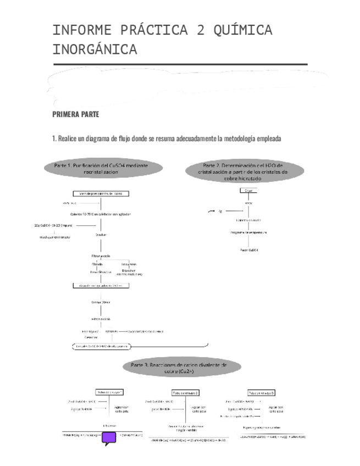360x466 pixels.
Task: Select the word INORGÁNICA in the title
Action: click(x=95, y=50)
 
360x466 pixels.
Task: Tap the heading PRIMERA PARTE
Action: click(x=75, y=115)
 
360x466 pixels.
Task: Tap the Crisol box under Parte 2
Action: click(x=248, y=190)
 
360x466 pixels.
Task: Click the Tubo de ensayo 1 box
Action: click(x=109, y=392)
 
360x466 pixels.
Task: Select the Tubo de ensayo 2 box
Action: click(x=185, y=392)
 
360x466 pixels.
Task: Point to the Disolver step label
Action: click(x=101, y=235)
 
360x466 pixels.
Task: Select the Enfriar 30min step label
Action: click(x=101, y=302)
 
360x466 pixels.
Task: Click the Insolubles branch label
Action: click(x=129, y=264)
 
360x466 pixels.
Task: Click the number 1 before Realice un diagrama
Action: click(x=54, y=139)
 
